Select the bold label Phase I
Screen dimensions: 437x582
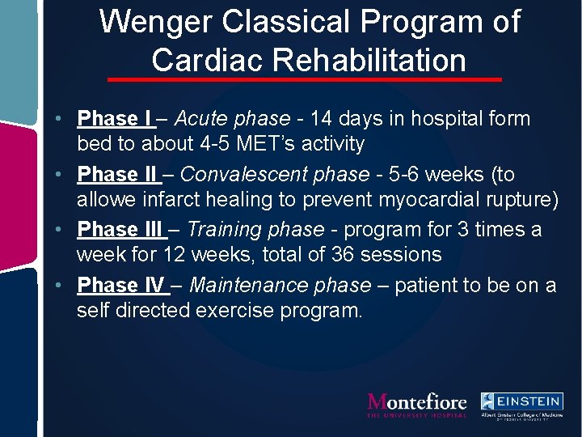click(x=115, y=119)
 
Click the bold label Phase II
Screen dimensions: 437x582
click(x=118, y=175)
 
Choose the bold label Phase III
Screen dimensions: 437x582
click(x=120, y=230)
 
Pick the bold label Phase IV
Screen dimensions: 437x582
click(x=120, y=285)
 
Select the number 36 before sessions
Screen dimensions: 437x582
click(x=344, y=255)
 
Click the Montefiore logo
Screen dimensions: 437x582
click(x=417, y=404)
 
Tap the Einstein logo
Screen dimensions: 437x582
click(x=521, y=405)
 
